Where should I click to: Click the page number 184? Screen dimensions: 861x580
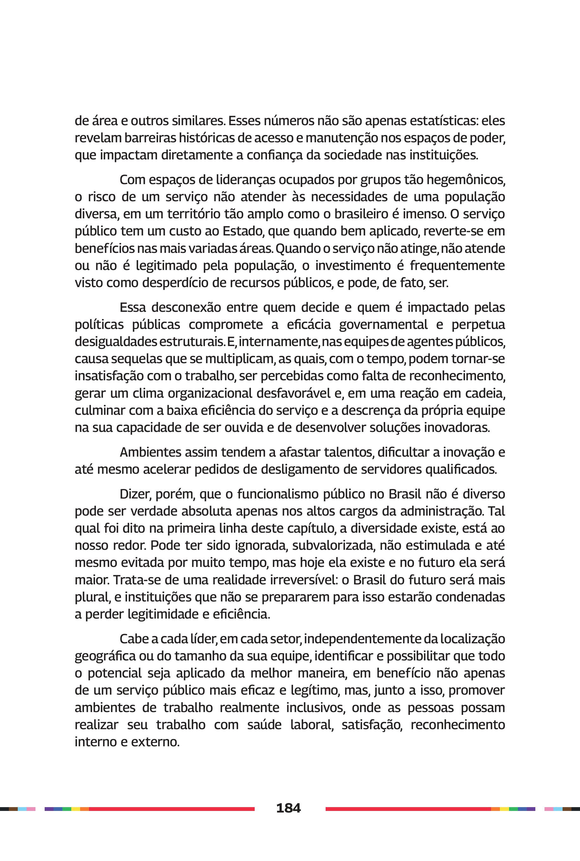[x=288, y=807]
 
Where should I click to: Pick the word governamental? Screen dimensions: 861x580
[x=383, y=324]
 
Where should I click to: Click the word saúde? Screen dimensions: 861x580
[x=265, y=724]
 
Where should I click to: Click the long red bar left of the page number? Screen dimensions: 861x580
[x=172, y=809]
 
